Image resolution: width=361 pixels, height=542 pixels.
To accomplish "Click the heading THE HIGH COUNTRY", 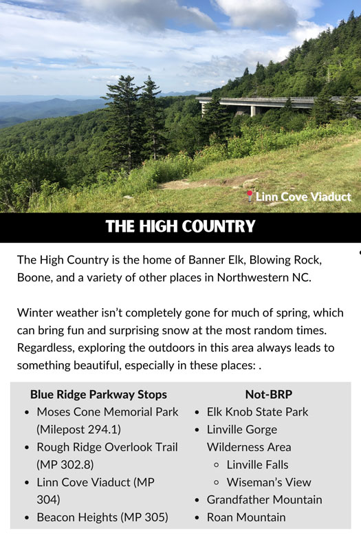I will click(180, 226).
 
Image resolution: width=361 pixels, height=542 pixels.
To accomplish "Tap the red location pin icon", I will click(249, 196).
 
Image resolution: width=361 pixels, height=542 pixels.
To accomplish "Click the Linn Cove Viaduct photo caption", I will click(303, 197).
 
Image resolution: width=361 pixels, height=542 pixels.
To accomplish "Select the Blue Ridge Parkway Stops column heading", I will click(98, 394).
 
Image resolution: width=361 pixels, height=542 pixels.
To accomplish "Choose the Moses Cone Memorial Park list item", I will click(107, 412).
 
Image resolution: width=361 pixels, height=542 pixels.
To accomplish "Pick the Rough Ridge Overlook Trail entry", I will click(107, 447).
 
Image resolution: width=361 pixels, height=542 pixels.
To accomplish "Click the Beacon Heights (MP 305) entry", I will click(102, 517).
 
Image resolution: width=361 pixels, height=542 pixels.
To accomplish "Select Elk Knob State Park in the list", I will click(257, 412).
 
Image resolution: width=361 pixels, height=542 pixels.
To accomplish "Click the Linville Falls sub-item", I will click(257, 464).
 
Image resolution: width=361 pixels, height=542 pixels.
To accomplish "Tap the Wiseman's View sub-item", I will click(269, 482).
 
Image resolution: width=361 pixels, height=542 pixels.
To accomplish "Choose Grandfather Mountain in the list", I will click(264, 499).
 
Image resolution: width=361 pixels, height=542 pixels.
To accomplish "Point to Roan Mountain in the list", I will click(246, 517).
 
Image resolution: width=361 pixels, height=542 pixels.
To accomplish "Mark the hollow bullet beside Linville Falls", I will click(216, 465).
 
